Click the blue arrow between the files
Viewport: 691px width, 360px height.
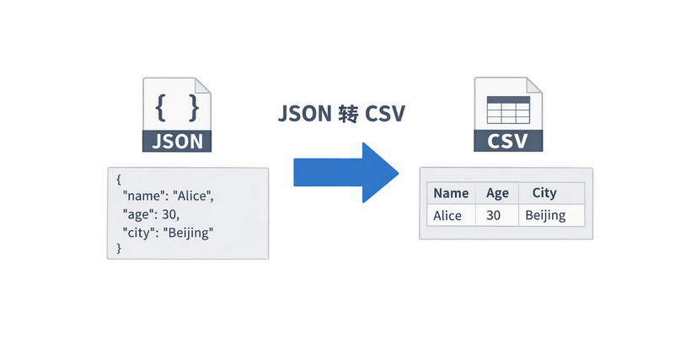(x=345, y=171)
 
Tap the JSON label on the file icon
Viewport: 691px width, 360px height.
(x=178, y=140)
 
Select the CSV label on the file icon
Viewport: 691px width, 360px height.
(x=507, y=140)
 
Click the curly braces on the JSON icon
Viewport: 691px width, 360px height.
(x=178, y=106)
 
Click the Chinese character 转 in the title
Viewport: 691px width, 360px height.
(x=347, y=114)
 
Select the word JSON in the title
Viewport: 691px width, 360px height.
(x=303, y=114)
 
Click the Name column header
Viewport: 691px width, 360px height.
(x=450, y=193)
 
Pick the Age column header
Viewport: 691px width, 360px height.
(x=497, y=193)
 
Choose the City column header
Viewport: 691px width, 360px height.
(x=544, y=193)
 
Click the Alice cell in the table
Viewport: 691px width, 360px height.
(x=447, y=215)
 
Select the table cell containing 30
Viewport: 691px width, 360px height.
(x=494, y=215)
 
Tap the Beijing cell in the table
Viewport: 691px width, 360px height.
(x=545, y=215)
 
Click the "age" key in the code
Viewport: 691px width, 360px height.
(x=139, y=214)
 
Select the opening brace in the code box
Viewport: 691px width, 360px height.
(x=120, y=179)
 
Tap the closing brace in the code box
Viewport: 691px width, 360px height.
(x=120, y=248)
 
